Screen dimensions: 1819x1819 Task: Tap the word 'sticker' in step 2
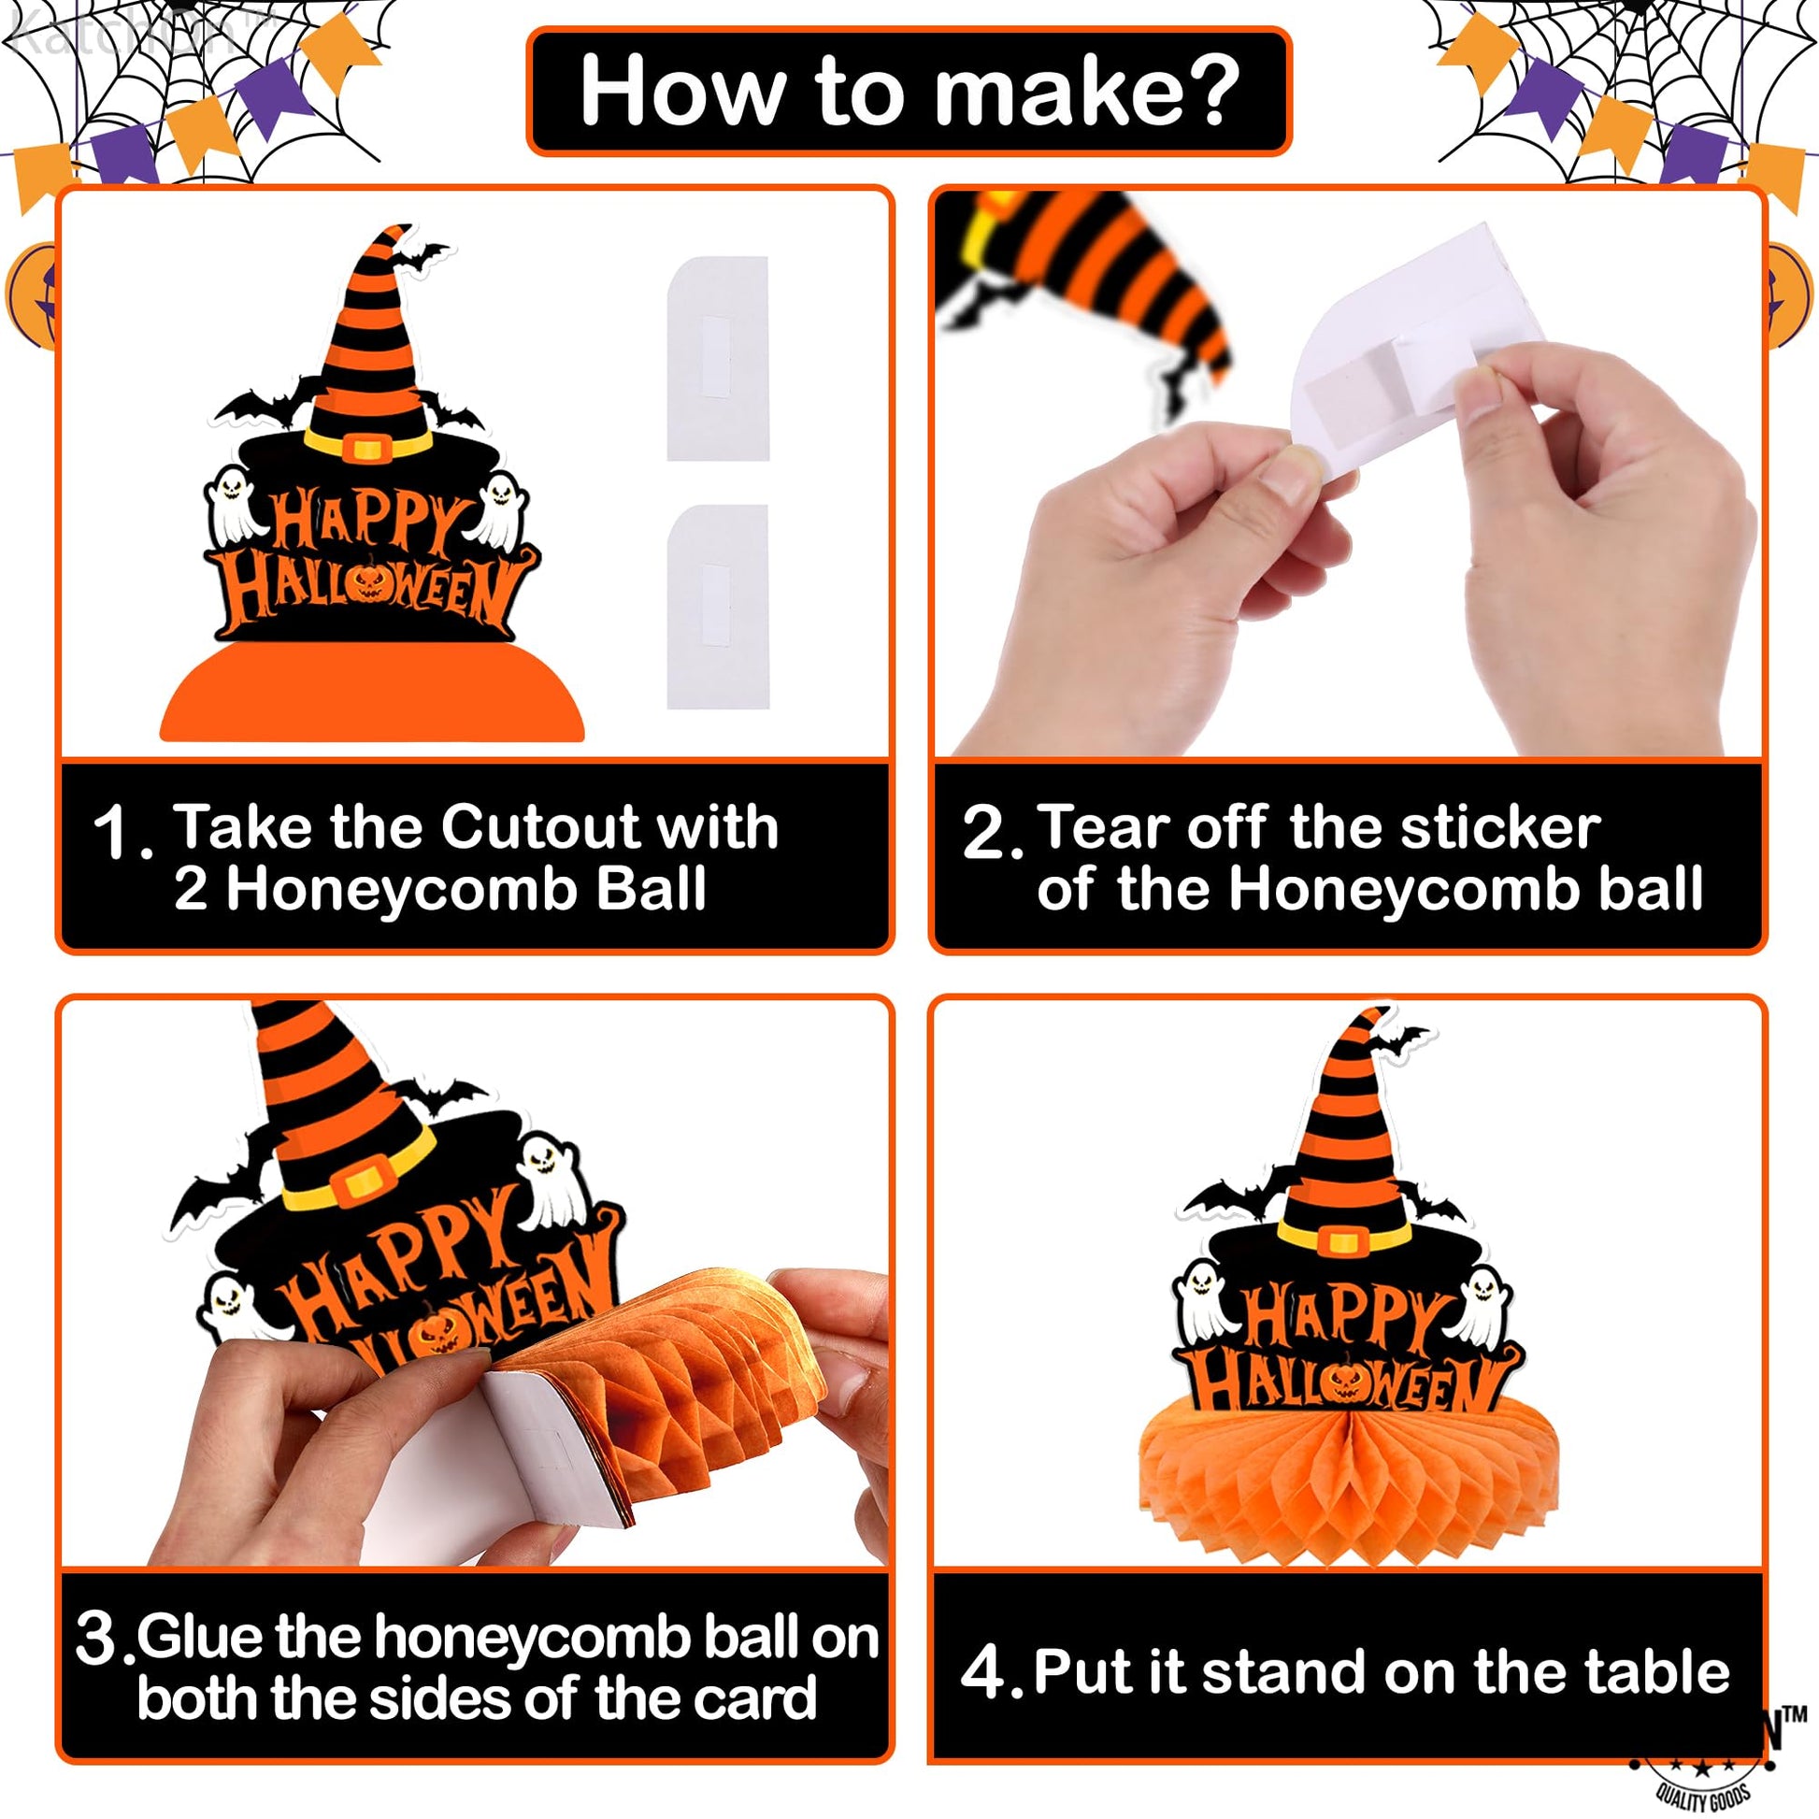click(1500, 827)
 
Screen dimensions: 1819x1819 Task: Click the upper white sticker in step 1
click(718, 359)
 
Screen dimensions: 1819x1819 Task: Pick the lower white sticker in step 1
click(718, 607)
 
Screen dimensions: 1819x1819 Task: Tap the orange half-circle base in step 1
click(372, 692)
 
